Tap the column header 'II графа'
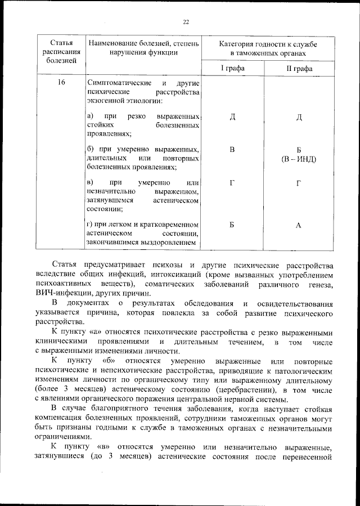[x=299, y=69]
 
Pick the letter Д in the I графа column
[x=232, y=116]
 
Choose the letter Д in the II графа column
[x=299, y=117]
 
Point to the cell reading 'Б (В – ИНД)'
[x=299, y=154]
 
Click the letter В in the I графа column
[x=232, y=150]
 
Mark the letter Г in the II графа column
[x=299, y=183]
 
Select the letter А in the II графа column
[x=299, y=225]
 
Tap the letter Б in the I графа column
[x=232, y=225]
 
